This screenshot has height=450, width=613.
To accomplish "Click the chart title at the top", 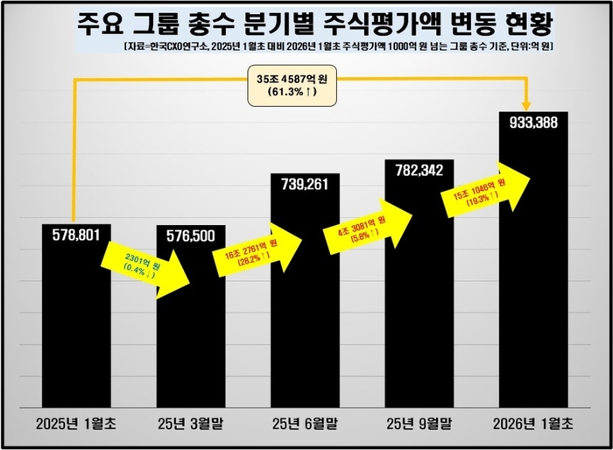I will coord(306,21).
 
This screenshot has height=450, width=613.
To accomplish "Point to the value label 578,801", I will coord(76,236).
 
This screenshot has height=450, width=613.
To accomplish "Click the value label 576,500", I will coord(190,237).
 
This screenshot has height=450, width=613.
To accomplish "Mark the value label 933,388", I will coord(533,123).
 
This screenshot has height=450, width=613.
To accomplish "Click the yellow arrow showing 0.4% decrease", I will coord(140,263).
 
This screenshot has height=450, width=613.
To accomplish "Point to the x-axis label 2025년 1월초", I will coord(76,423).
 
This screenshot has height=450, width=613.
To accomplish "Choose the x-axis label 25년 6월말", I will coord(305,423).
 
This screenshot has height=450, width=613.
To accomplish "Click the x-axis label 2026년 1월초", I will coord(533,423).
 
